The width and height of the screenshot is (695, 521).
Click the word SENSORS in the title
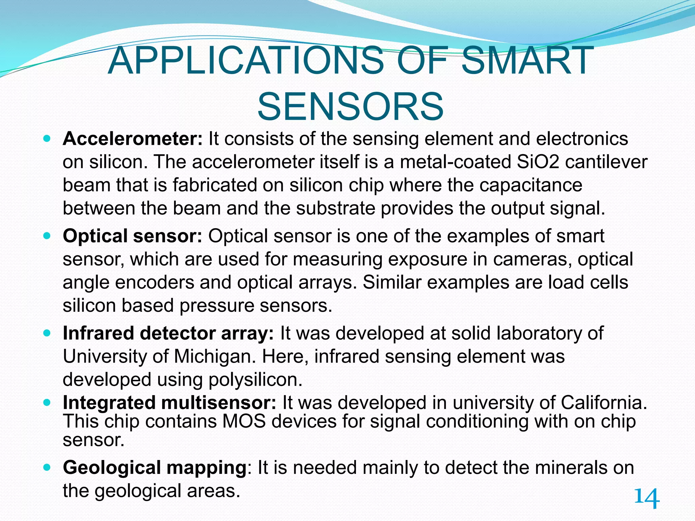coord(350,107)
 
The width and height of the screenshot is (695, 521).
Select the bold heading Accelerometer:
coord(133,139)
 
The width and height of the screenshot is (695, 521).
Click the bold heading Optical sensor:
coord(133,236)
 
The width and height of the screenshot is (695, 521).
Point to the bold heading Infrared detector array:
coord(168,333)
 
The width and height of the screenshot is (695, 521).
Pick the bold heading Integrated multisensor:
coord(170,403)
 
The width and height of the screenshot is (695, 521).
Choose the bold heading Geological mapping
coord(155,468)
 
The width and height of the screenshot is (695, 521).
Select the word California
coord(603,403)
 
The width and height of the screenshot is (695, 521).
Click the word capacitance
coord(531,185)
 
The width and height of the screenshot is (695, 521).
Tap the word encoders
coord(154,283)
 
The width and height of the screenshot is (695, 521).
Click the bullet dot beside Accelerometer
coord(47,139)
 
